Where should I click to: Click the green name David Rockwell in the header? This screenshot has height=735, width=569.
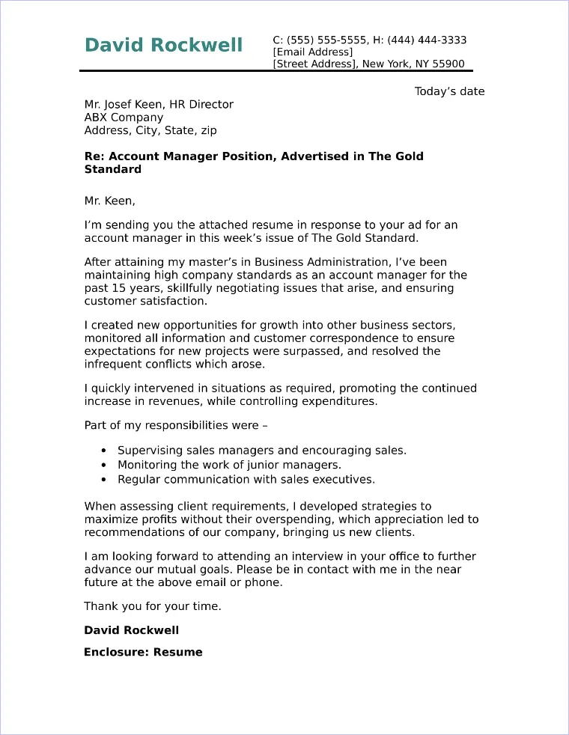[x=163, y=46]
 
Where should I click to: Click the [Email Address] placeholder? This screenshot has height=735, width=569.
[x=312, y=52]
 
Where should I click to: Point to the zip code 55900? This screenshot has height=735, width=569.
[x=448, y=64]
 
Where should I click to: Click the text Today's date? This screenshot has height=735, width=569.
[x=449, y=91]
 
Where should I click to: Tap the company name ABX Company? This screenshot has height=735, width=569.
[x=124, y=118]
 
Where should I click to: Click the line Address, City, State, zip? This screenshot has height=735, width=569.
[x=150, y=130]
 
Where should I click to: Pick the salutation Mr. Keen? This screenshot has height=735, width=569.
[x=109, y=201]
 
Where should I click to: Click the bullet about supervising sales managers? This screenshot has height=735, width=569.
[x=262, y=451]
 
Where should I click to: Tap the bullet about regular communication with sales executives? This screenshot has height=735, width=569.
[x=246, y=479]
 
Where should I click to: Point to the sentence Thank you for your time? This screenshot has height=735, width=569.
[x=152, y=606]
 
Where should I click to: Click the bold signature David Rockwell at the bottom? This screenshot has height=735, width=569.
[x=131, y=630]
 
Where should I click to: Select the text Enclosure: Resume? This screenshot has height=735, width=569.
[x=143, y=652]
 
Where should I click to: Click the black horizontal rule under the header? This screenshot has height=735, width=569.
[x=276, y=71]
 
